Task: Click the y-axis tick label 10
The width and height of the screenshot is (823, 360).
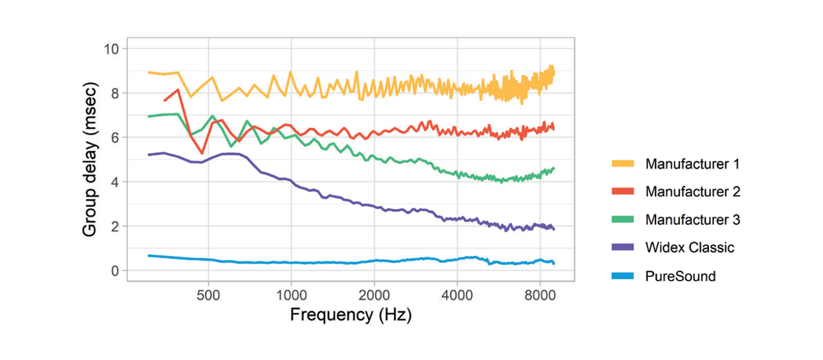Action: coord(112,49)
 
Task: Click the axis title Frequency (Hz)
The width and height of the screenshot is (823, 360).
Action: coord(350,314)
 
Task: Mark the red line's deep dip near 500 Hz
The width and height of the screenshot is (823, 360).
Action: coord(202,153)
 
